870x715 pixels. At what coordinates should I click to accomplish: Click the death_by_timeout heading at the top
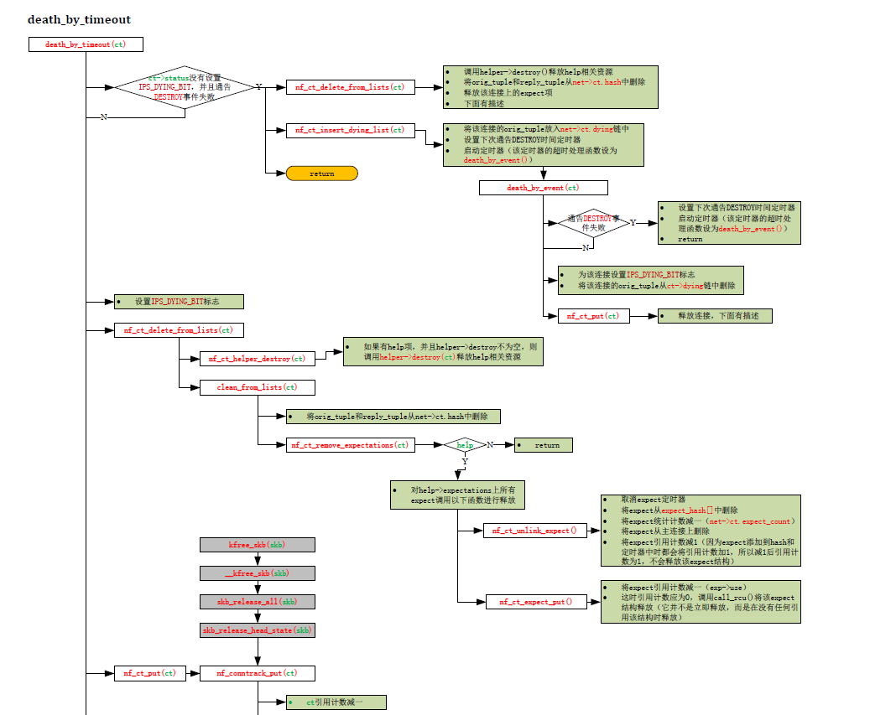pos(79,19)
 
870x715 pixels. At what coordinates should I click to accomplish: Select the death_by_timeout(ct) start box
pos(86,44)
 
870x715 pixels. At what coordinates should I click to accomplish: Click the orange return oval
pos(321,174)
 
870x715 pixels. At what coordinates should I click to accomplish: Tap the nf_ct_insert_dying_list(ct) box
pos(350,130)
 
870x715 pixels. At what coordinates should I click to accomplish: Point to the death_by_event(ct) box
pos(543,188)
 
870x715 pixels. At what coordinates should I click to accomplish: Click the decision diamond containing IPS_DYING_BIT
pos(184,87)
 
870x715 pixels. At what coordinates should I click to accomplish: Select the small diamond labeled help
pos(465,445)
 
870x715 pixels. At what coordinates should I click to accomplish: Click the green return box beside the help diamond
pos(544,445)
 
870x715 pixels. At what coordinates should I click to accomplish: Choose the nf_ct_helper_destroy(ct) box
pos(257,359)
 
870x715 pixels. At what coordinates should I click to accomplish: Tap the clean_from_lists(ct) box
pos(257,387)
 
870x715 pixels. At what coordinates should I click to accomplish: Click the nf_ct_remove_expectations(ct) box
pos(350,445)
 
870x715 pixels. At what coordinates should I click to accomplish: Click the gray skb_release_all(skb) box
pos(257,602)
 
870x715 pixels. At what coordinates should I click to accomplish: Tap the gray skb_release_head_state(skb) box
pos(257,630)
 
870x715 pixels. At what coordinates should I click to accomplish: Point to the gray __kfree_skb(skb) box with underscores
pos(257,573)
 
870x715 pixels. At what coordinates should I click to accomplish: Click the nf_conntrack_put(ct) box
pos(257,673)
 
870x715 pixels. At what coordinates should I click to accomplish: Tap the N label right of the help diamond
pos(490,444)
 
